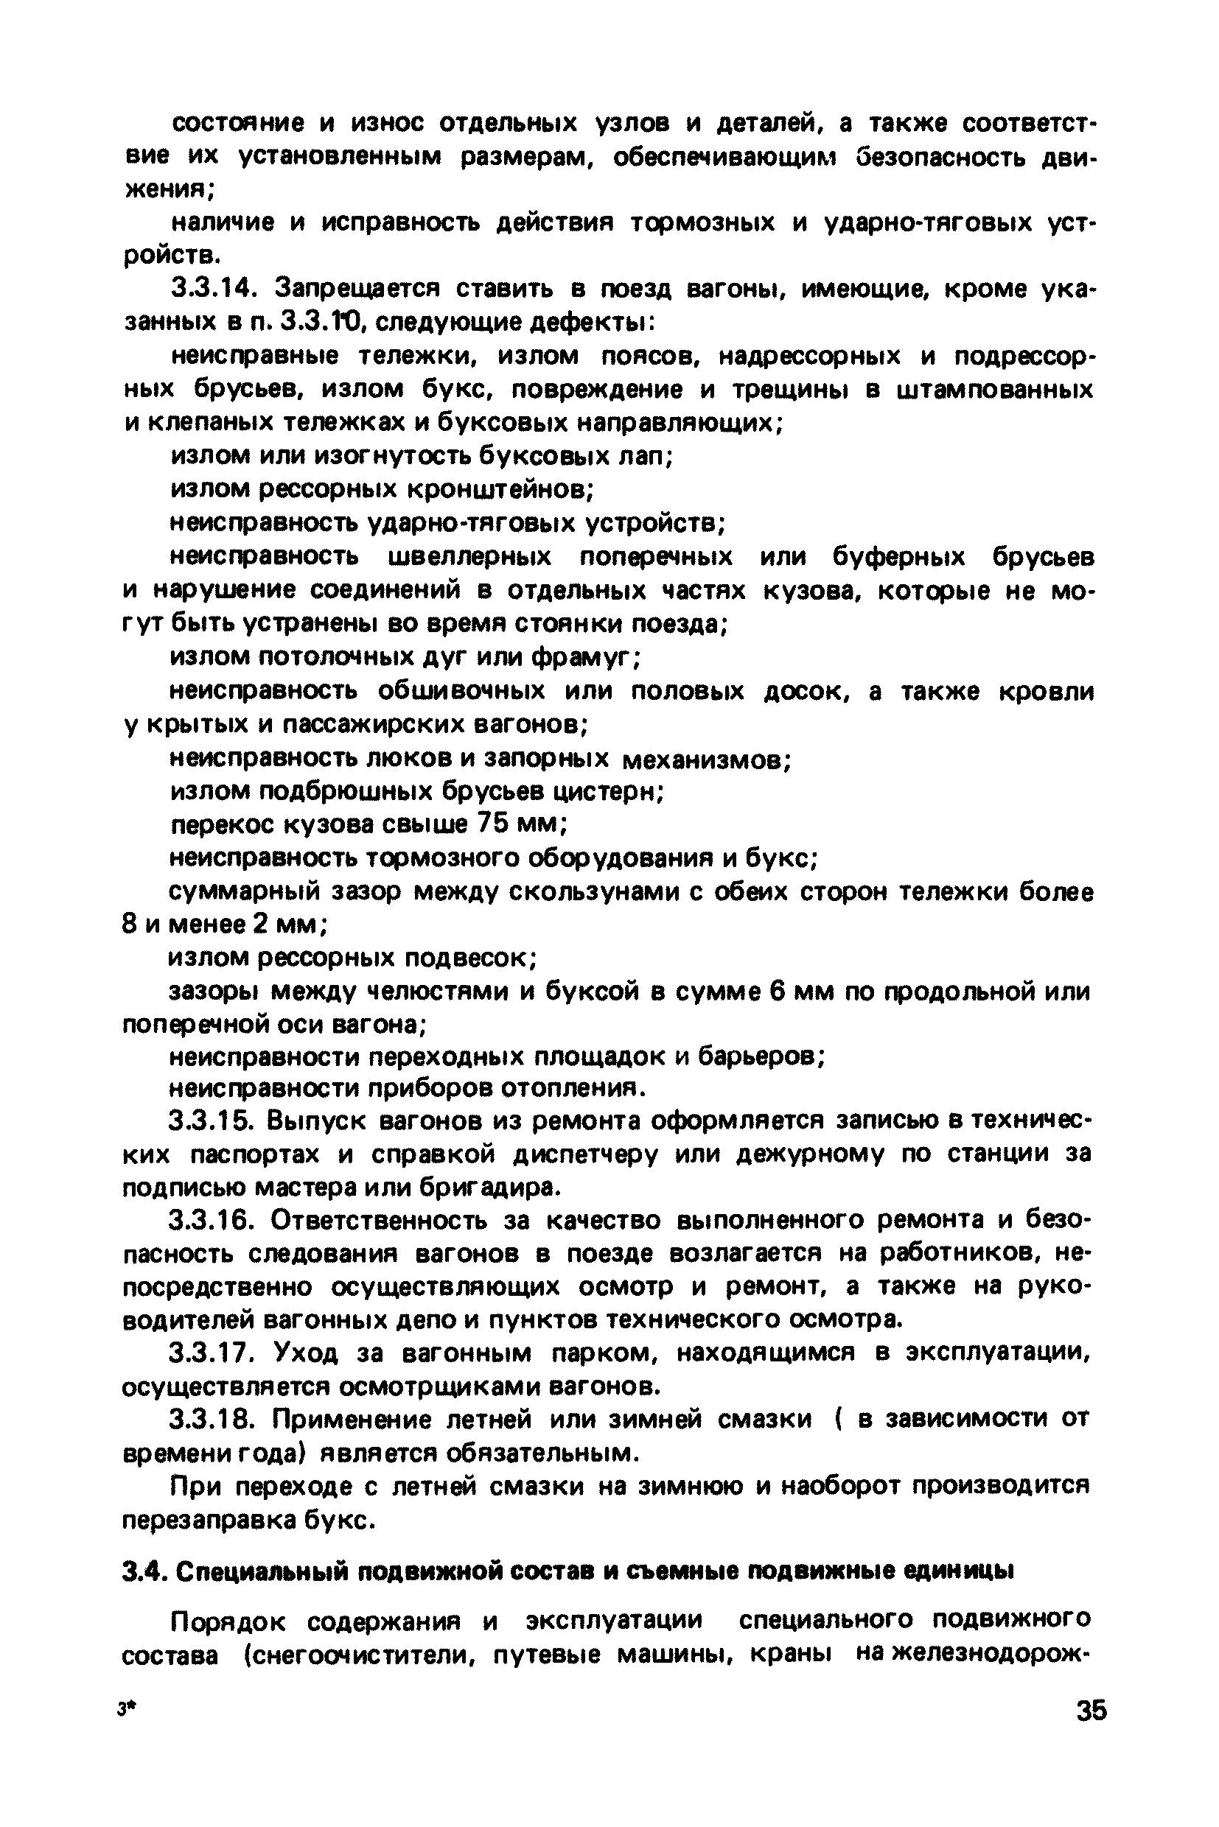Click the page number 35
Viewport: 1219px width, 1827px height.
point(1091,1711)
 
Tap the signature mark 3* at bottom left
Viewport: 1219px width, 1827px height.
point(123,1711)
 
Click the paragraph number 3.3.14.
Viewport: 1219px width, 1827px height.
point(212,289)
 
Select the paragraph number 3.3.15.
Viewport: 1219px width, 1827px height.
point(212,1122)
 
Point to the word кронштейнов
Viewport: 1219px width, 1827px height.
point(497,489)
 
